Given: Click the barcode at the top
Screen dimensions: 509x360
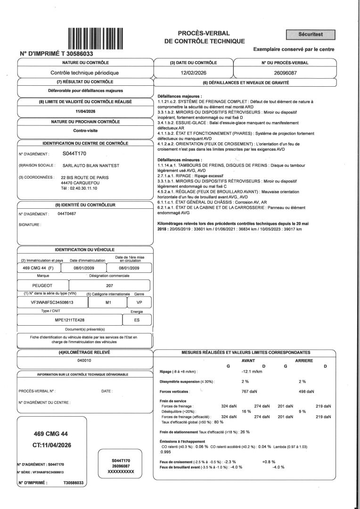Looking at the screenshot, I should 96,38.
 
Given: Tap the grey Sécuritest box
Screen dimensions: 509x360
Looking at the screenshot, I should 311,34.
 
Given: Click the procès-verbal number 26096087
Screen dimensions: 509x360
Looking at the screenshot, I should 285,73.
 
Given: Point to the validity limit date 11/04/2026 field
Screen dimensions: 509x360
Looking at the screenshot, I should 86,111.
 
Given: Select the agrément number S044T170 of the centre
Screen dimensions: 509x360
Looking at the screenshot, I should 74,154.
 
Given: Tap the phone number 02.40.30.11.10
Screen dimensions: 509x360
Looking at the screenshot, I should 79,188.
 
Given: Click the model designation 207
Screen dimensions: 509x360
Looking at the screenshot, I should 109,286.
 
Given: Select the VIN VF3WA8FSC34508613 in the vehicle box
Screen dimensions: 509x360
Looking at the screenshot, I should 49,302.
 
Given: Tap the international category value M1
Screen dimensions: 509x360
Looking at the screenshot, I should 109,302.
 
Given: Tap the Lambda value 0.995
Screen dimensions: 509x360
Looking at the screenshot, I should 165,451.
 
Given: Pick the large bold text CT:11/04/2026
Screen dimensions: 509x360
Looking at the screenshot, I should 51,444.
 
